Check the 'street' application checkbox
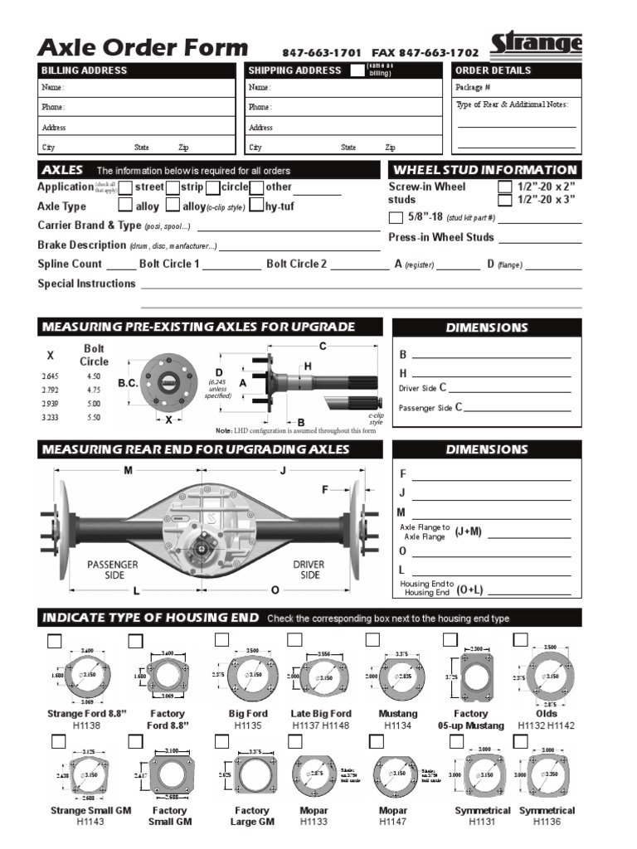click(126, 187)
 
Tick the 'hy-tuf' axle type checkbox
click(256, 206)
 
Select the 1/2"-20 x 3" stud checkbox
click(504, 201)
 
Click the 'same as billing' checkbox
click(357, 70)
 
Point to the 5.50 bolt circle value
click(94, 418)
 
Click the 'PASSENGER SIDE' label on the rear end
click(112, 570)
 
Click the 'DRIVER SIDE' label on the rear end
click(309, 570)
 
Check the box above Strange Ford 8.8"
click(56, 640)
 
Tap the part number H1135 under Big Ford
click(248, 725)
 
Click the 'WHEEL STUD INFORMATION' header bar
click(485, 169)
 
